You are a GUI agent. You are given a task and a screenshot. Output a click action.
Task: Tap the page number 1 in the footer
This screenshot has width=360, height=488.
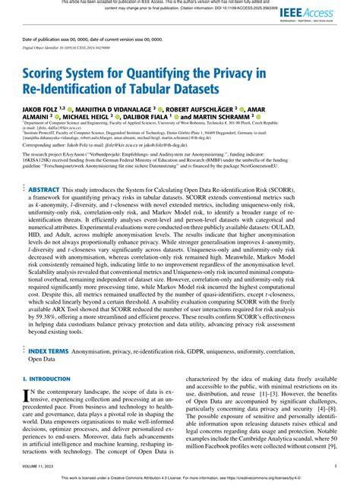(x=335, y=467)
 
